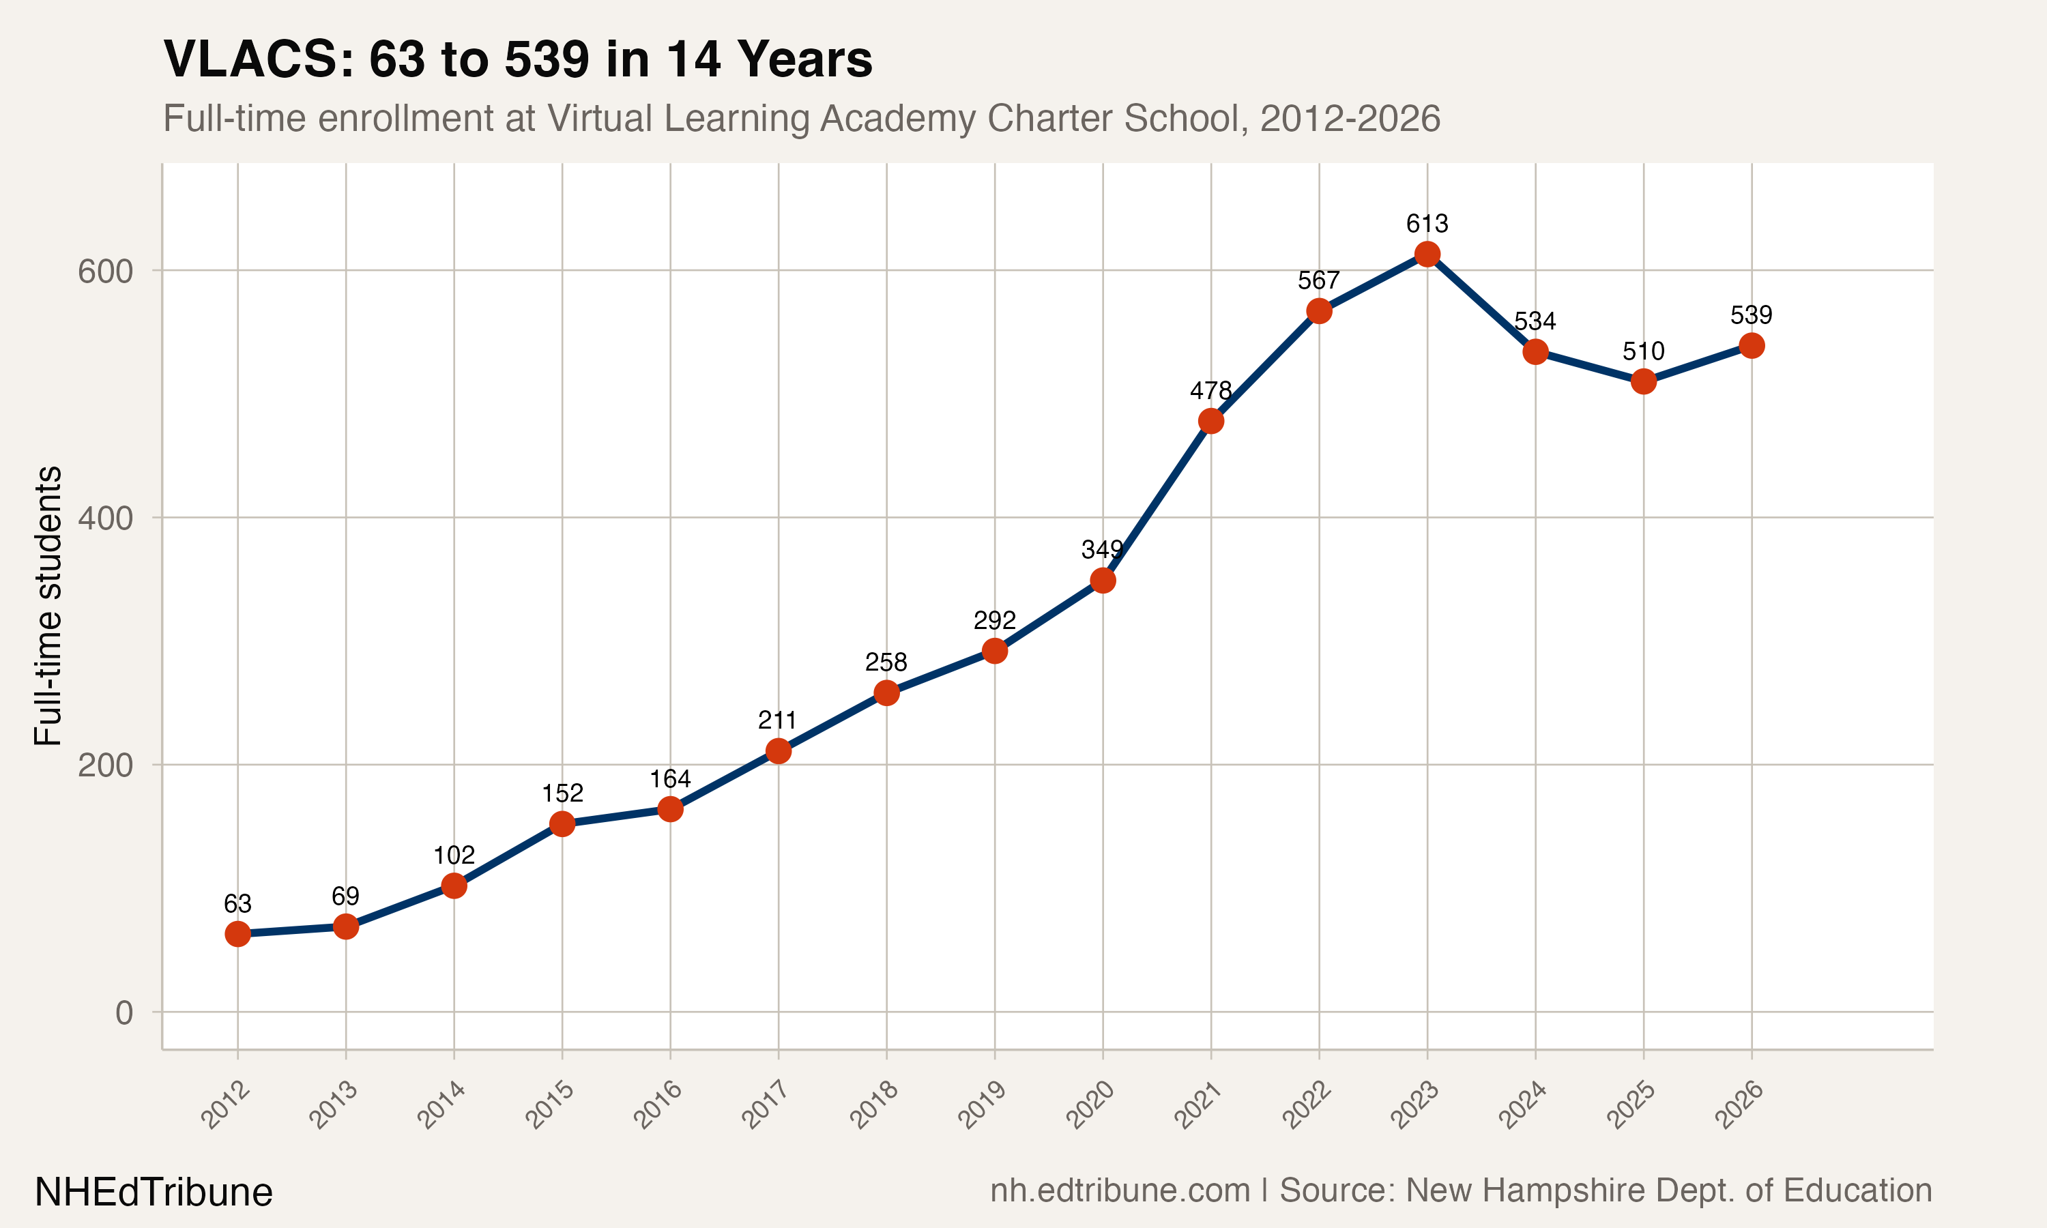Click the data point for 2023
1427,254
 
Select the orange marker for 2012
237,933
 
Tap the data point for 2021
1210,421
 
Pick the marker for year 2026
1752,346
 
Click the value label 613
1427,223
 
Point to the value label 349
1102,549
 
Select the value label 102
454,855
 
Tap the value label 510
1643,351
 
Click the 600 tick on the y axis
105,272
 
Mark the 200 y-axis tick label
105,765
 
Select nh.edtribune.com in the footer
1120,1190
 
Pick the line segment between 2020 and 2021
1157,501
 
